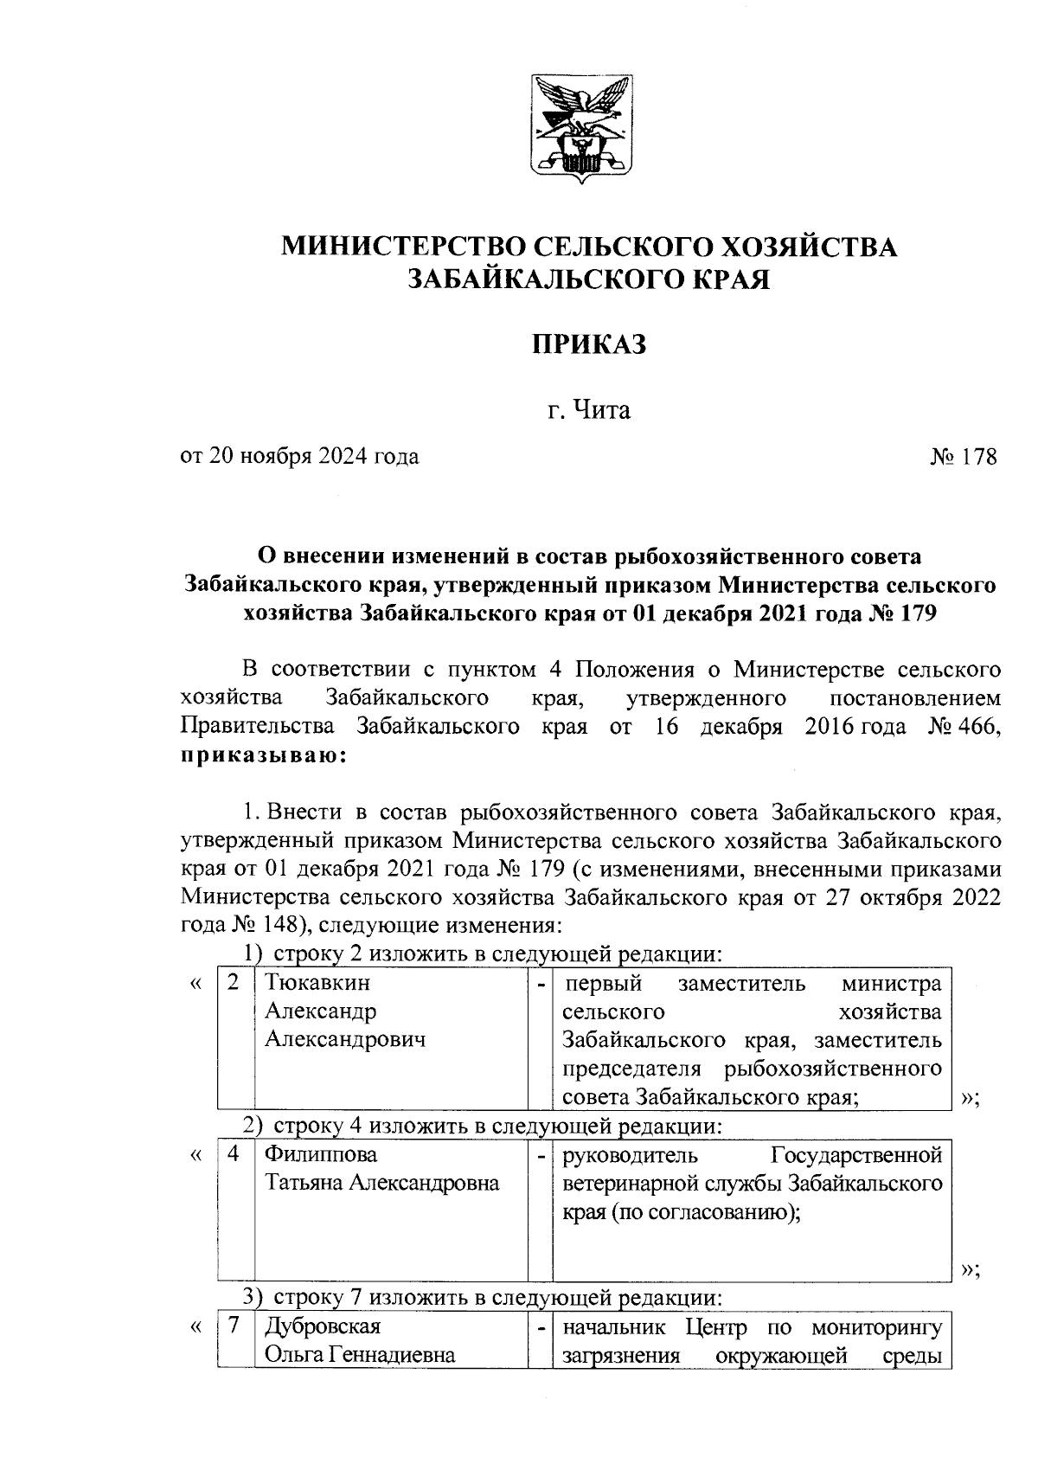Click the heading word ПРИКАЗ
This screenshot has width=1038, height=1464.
(x=589, y=345)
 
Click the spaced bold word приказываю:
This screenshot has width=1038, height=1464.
(x=264, y=754)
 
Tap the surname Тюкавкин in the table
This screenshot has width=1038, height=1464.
(x=317, y=983)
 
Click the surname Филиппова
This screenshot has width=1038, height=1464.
(x=321, y=1154)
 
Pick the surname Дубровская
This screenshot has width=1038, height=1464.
(x=323, y=1326)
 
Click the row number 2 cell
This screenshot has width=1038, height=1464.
(x=233, y=983)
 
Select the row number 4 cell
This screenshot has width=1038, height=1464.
(x=233, y=1154)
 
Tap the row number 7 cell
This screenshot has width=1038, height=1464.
(x=233, y=1326)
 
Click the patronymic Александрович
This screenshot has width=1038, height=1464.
(x=345, y=1039)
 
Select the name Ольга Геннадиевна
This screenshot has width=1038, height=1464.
(x=360, y=1354)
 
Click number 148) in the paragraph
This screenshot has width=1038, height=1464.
(x=278, y=925)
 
